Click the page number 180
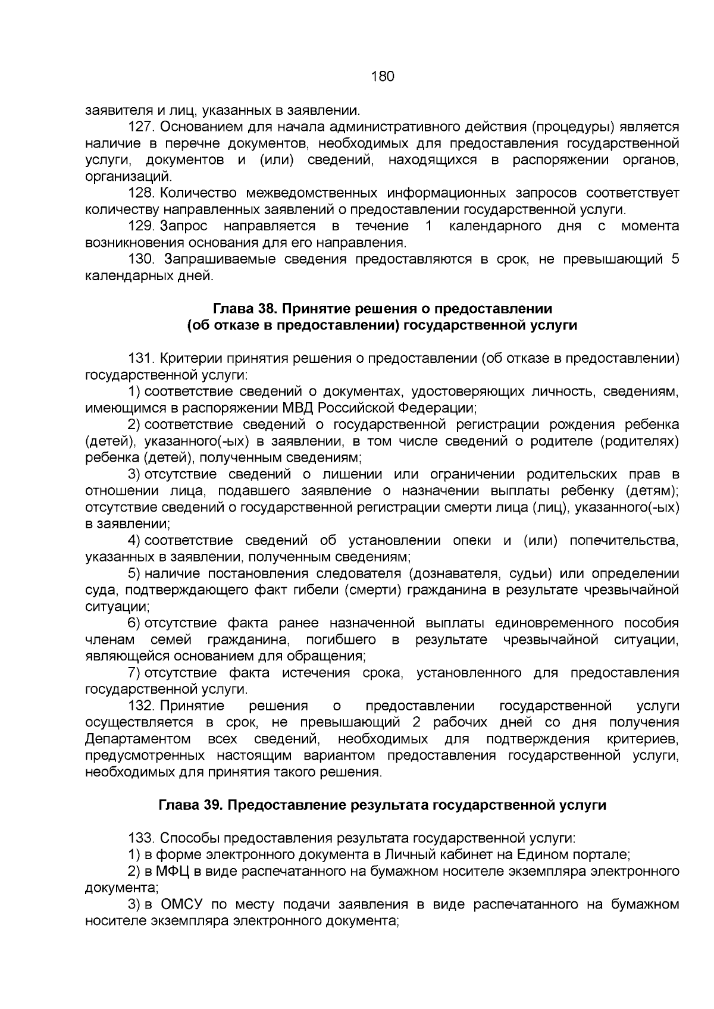382,77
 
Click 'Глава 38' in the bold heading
242,308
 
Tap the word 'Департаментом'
137,739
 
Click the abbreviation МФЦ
177,872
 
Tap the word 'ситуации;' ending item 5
117,607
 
